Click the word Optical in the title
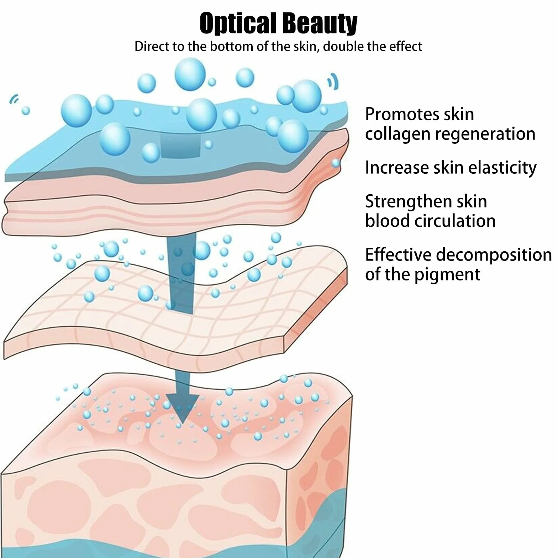point(238,23)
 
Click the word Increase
point(397,168)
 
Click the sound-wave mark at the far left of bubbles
point(14,99)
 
